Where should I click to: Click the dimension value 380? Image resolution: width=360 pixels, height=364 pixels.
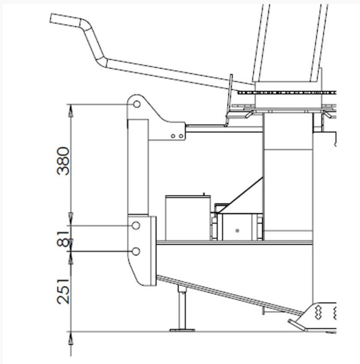(63, 161)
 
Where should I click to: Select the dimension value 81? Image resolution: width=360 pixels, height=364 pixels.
(63, 239)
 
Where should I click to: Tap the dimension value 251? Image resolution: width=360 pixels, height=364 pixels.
(63, 291)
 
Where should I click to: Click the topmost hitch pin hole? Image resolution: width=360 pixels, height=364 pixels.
(137, 104)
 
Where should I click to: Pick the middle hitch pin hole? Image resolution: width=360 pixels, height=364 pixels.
(136, 225)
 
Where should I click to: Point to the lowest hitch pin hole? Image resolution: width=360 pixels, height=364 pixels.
(136, 251)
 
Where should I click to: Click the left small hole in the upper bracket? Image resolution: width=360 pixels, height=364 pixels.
(173, 136)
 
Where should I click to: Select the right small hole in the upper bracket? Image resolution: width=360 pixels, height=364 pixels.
(181, 136)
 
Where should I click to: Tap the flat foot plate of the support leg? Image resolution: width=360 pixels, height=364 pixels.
(182, 330)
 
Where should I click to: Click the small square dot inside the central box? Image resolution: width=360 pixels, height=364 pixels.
(237, 230)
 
